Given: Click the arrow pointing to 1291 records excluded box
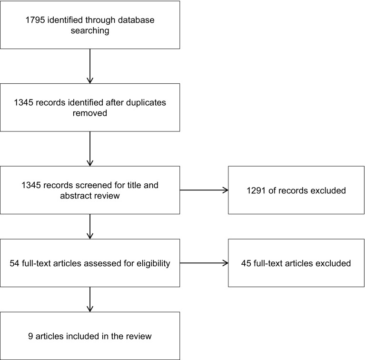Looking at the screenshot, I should [204, 190].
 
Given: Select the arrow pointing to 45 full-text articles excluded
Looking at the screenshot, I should [204, 263].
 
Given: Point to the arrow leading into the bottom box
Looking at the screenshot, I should [90, 299].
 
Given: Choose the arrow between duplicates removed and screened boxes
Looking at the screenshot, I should [90, 149].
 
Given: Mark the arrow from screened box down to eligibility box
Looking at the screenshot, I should [90, 226].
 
